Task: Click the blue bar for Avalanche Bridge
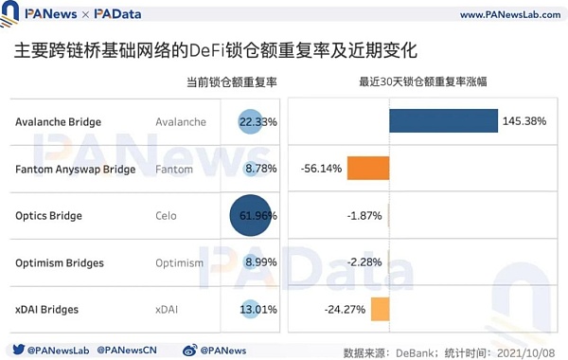tap(443, 121)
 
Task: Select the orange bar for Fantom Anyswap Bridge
tap(368, 169)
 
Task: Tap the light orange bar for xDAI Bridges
tap(380, 309)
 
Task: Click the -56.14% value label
tap(322, 169)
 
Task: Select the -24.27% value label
tap(345, 309)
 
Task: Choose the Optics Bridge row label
tap(49, 216)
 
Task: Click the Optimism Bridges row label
tap(60, 262)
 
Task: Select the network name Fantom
tap(174, 170)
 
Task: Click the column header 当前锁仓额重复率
tap(231, 82)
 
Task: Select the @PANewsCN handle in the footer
tap(132, 349)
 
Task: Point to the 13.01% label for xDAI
tap(256, 309)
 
